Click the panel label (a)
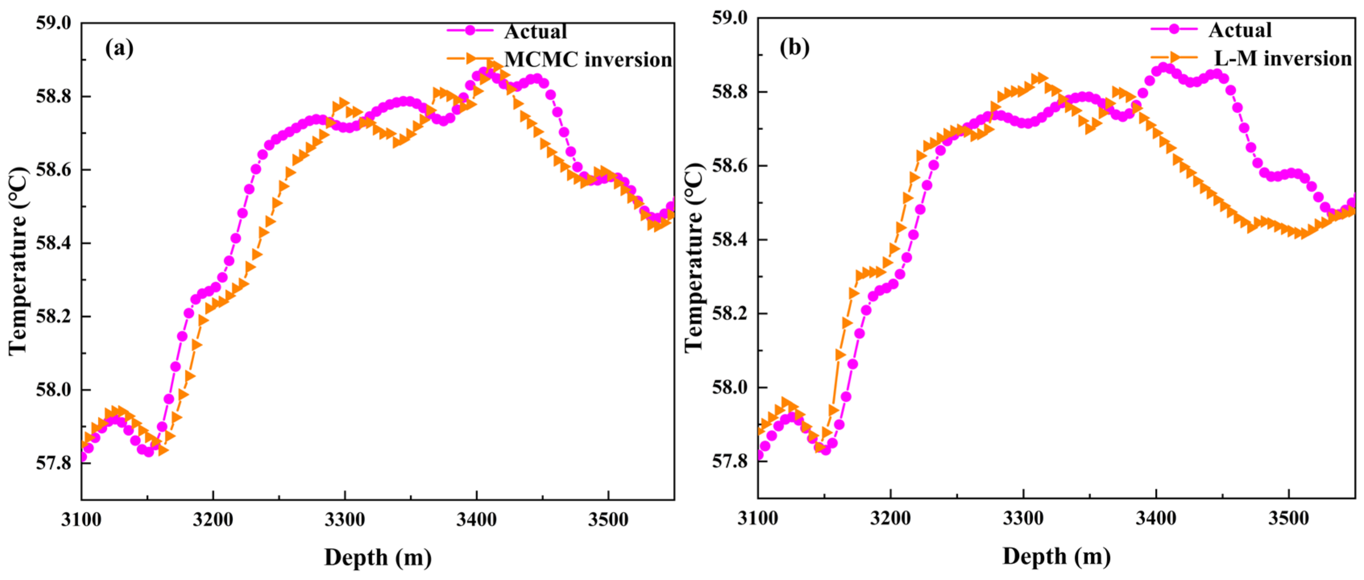pos(119,49)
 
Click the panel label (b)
pos(794,48)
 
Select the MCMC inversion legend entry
pos(588,59)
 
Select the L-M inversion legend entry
pos(1283,58)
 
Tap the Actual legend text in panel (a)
pos(535,32)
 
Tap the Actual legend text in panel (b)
pos(1239,30)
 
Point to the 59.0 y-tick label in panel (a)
pos(53,23)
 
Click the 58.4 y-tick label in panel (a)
pos(53,243)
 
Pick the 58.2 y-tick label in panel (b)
pos(729,314)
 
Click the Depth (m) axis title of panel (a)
pos(378,557)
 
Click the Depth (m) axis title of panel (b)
pos(1056,556)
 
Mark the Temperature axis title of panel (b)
pos(694,258)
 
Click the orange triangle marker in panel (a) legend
pos(471,58)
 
